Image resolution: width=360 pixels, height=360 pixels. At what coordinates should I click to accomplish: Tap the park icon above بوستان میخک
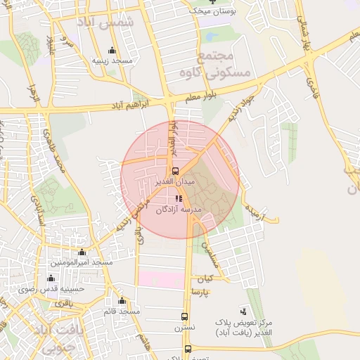pyautogui.click(x=214, y=2)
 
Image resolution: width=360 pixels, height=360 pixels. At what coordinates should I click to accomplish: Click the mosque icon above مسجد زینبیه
pyautogui.click(x=112, y=51)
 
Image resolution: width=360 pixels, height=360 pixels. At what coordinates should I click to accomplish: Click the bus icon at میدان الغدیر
pyautogui.click(x=175, y=171)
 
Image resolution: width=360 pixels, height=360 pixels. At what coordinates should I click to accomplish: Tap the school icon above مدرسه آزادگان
pyautogui.click(x=179, y=198)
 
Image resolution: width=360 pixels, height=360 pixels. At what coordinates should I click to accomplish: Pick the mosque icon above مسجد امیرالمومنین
pyautogui.click(x=82, y=252)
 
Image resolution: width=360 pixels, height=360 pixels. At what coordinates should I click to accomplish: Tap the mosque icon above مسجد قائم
pyautogui.click(x=122, y=301)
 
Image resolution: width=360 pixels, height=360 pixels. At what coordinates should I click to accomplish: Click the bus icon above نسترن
pyautogui.click(x=185, y=317)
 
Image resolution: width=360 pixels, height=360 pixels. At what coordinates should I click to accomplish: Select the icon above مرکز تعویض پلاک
pyautogui.click(x=243, y=311)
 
